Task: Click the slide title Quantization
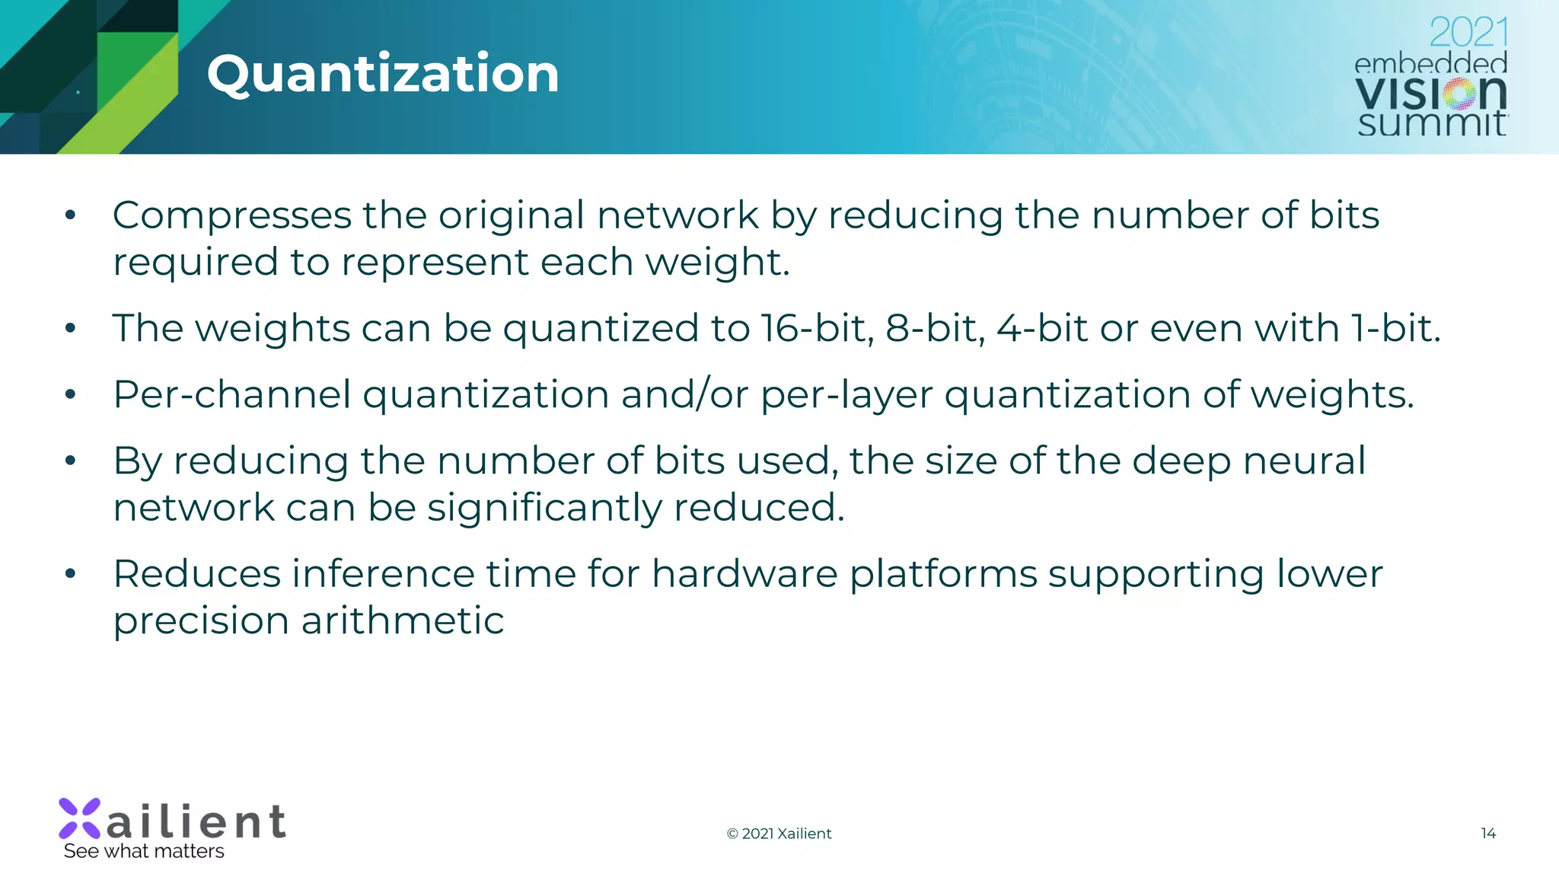383,74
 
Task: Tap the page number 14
1488,833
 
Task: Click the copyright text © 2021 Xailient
779,834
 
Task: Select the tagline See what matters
144,851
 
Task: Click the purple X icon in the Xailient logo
80,818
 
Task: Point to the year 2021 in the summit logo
1468,33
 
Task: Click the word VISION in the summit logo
1430,94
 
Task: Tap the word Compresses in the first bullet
231,215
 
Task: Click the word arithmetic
403,620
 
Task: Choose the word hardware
744,573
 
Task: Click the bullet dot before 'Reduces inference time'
71,573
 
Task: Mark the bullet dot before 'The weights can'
71,328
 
